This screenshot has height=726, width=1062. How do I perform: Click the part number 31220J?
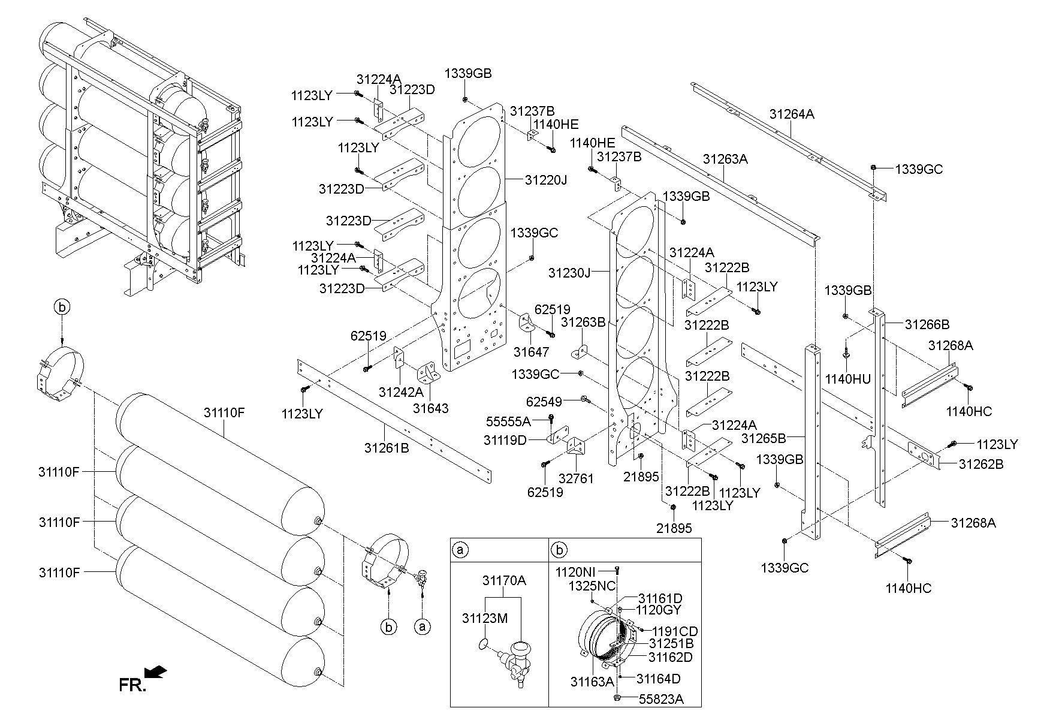tap(545, 179)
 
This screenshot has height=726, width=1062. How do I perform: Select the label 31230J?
tap(569, 273)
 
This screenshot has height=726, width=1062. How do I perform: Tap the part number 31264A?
tap(792, 114)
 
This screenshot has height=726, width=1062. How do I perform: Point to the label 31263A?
tap(725, 159)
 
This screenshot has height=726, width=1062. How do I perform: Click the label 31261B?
tap(387, 447)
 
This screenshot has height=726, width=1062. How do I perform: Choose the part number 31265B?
tap(764, 438)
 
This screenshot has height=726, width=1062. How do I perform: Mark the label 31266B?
tap(927, 324)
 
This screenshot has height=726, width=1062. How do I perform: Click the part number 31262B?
tap(981, 463)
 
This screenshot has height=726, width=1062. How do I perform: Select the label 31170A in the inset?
tap(504, 580)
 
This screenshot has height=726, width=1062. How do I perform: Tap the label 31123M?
tap(485, 617)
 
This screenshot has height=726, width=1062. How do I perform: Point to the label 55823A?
tap(661, 699)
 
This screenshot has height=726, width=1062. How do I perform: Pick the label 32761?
tap(577, 478)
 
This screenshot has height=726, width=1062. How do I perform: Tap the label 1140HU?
tap(848, 379)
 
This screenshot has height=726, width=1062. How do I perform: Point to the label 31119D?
tap(505, 440)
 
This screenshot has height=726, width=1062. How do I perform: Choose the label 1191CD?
tap(675, 631)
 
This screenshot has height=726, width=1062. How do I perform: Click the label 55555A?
tap(508, 421)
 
